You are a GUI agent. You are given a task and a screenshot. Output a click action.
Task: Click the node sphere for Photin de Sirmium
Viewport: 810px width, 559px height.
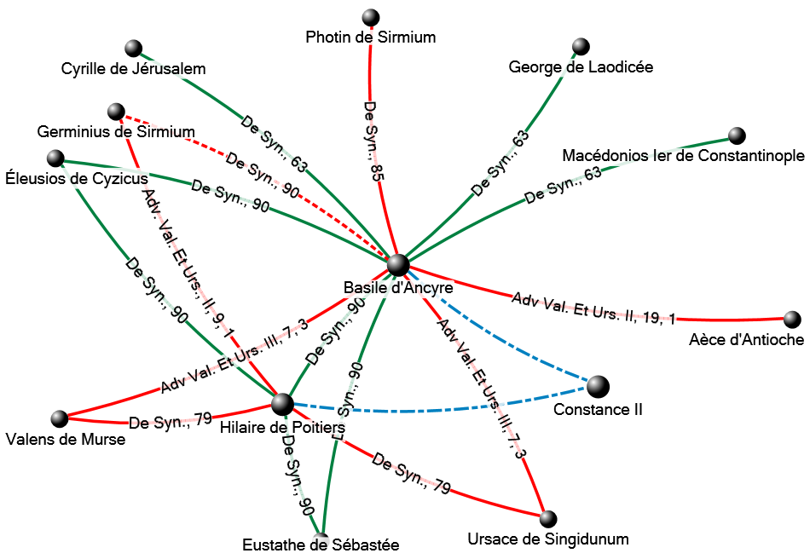[370, 17]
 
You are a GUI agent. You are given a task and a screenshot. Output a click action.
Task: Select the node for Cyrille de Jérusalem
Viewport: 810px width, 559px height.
[132, 48]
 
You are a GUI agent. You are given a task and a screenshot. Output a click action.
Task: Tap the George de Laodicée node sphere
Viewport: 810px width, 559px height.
[581, 46]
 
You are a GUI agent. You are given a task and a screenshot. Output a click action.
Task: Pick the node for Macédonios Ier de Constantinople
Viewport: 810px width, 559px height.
[738, 135]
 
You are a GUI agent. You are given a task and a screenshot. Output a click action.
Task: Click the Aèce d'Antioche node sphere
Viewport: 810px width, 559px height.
[792, 320]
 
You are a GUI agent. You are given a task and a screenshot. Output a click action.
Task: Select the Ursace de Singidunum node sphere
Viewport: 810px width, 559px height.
[548, 518]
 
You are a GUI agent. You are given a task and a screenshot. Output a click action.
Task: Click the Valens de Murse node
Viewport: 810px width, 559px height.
[59, 418]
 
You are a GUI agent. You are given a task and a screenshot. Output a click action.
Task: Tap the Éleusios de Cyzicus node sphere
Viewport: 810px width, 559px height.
[55, 158]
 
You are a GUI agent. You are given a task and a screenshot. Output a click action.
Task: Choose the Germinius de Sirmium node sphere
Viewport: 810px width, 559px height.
[117, 112]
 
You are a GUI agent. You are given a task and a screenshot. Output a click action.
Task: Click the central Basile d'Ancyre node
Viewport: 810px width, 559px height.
[398, 265]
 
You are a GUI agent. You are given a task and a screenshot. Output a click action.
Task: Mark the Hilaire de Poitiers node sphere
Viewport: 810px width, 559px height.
[282, 404]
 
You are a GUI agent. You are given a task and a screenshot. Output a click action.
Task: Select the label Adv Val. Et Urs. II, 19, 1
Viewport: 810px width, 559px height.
[593, 308]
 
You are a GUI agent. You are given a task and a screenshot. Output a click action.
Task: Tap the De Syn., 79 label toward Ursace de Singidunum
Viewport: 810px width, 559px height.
[412, 476]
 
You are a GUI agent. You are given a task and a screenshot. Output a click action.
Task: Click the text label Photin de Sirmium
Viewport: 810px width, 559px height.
[371, 37]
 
